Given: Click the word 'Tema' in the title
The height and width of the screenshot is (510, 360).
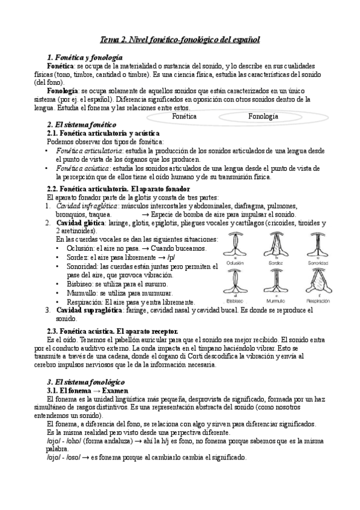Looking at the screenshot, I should tap(109, 40).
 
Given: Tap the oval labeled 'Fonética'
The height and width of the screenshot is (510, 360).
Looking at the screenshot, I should tap(184, 116).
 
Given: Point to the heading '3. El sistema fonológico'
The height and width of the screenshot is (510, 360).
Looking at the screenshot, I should tap(85, 382).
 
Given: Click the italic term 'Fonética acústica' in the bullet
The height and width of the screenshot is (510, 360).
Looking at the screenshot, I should tap(80, 169).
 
